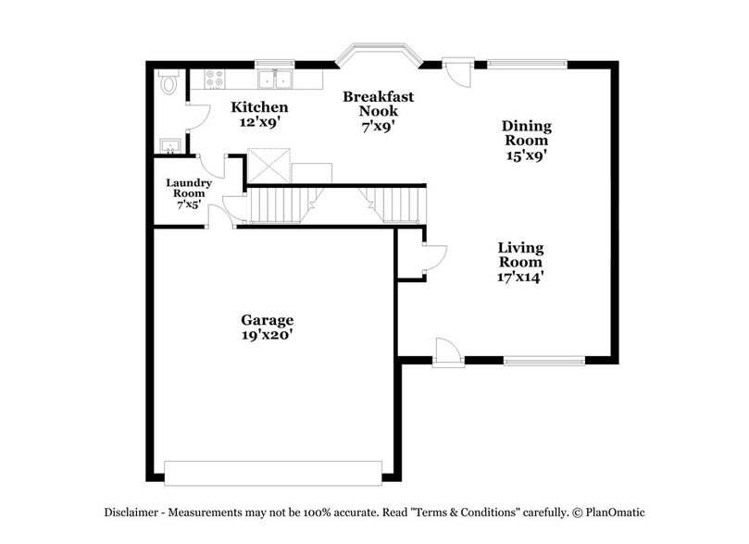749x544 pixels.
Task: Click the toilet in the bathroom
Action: (x=168, y=83)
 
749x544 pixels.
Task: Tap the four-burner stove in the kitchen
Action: (x=214, y=80)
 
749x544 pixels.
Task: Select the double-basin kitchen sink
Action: (x=275, y=80)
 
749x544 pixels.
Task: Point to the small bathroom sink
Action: (x=169, y=145)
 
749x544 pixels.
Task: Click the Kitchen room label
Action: (x=253, y=107)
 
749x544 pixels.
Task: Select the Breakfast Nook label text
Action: (x=378, y=104)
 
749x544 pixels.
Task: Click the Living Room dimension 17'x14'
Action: (x=519, y=276)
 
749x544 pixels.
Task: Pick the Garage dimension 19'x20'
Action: (x=268, y=336)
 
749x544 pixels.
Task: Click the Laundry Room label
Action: (x=189, y=188)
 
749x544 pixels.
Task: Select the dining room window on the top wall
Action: (x=527, y=64)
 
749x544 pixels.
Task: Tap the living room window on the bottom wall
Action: (x=544, y=360)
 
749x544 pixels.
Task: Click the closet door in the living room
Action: (x=433, y=258)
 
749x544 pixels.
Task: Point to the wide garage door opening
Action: (x=273, y=472)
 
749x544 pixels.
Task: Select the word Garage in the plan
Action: (x=268, y=320)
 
